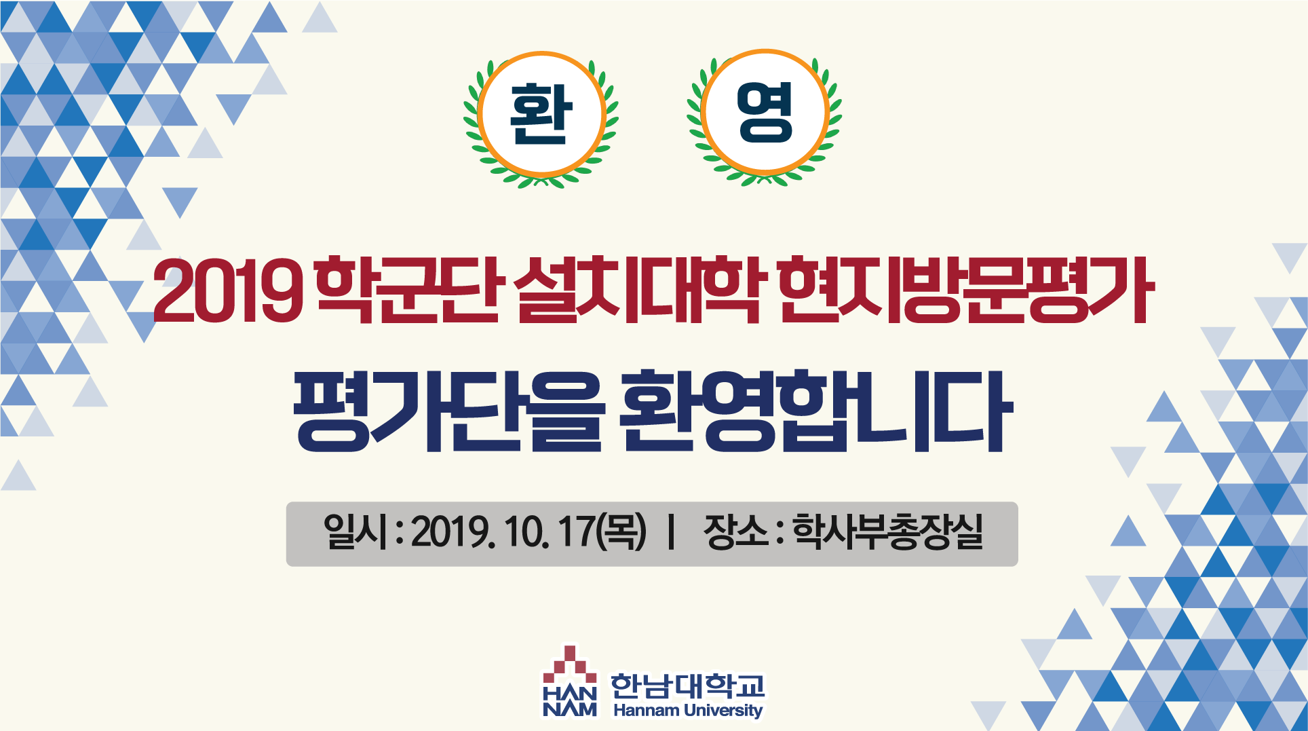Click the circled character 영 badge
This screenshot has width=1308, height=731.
click(x=765, y=113)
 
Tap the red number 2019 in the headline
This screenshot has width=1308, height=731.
click(x=228, y=290)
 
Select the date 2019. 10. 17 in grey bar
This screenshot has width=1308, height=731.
click(x=502, y=532)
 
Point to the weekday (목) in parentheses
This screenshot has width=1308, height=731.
click(x=621, y=531)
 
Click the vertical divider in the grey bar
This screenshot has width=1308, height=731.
click(x=671, y=532)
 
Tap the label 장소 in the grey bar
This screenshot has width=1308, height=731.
click(x=736, y=531)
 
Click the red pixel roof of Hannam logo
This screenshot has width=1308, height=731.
click(x=570, y=663)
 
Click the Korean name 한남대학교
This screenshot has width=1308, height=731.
click(x=687, y=686)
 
